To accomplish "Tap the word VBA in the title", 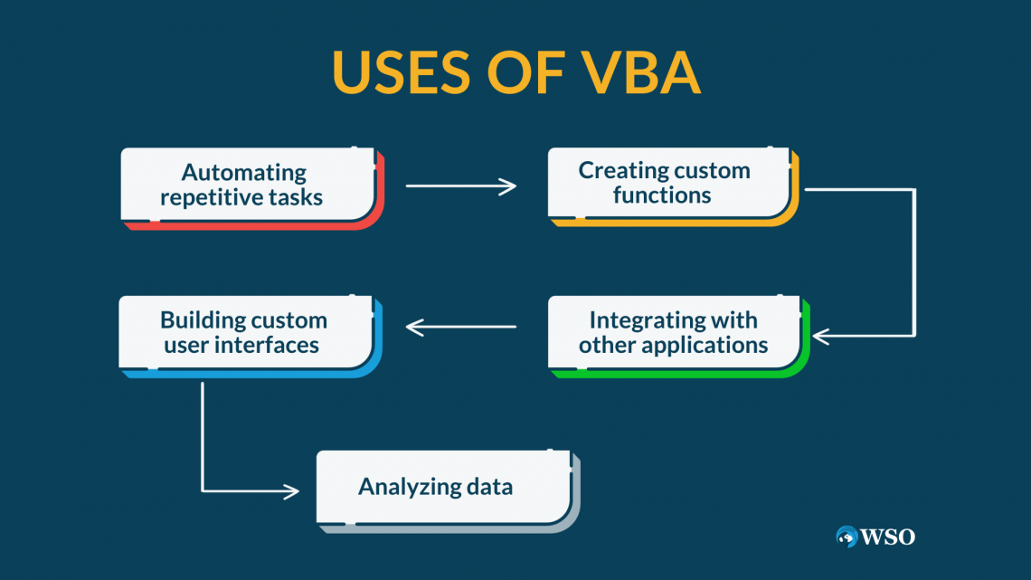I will (639, 73).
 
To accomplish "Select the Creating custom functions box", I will (669, 183).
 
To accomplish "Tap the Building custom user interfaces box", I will (245, 332).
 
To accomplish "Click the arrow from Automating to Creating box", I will (460, 186).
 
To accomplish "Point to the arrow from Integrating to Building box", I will (460, 327).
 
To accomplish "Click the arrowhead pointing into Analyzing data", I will (291, 491).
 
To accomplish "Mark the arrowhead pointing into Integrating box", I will (820, 336).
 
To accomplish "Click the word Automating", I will (244, 172).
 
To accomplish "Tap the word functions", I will (662, 195).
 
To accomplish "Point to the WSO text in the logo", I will (889, 537).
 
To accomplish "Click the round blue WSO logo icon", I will (847, 537).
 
